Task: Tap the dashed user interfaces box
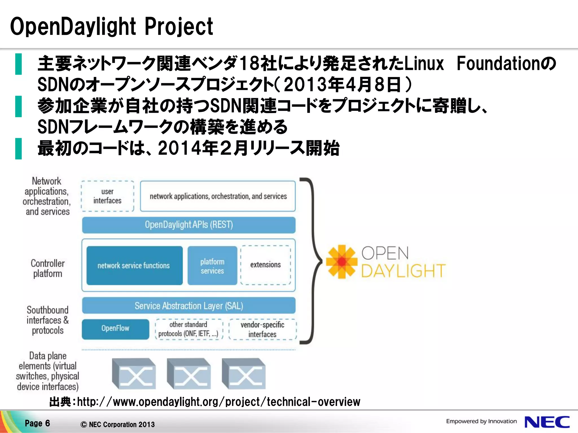pyautogui.click(x=107, y=196)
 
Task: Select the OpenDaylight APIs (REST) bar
pyautogui.click(x=189, y=225)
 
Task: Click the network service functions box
pyautogui.click(x=134, y=266)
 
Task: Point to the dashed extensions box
pyautogui.click(x=266, y=265)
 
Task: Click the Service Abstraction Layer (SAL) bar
pyautogui.click(x=189, y=306)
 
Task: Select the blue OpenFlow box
pyautogui.click(x=115, y=329)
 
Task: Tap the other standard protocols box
pyautogui.click(x=189, y=329)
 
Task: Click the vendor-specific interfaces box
pyautogui.click(x=262, y=329)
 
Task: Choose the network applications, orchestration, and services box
pyautogui.click(x=218, y=196)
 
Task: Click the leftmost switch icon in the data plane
pyautogui.click(x=134, y=374)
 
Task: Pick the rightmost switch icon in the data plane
pyautogui.click(x=244, y=374)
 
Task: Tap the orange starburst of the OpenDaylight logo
pyautogui.click(x=341, y=262)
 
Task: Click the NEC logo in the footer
pyautogui.click(x=547, y=422)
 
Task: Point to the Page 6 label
pyautogui.click(x=37, y=423)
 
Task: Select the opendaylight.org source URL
pyautogui.click(x=218, y=402)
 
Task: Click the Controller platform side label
pyautogui.click(x=47, y=268)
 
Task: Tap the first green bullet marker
pyautogui.click(x=18, y=64)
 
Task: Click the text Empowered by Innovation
pyautogui.click(x=481, y=421)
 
